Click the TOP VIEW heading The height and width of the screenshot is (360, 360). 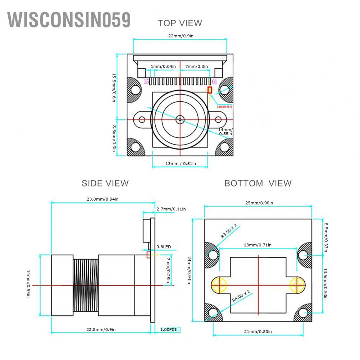[180, 23]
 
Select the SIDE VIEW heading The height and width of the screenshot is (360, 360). [105, 183]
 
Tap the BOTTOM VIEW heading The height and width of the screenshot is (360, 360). [258, 183]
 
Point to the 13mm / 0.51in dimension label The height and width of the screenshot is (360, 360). [181, 164]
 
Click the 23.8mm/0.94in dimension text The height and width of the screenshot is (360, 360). [103, 199]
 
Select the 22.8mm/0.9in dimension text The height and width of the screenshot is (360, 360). [101, 329]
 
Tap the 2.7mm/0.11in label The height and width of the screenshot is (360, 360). [171, 209]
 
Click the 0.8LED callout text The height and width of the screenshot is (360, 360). [164, 247]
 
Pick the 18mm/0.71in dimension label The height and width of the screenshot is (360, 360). [258, 245]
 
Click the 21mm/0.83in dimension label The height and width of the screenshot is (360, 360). [258, 331]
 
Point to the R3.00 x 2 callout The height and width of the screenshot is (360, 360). [229, 231]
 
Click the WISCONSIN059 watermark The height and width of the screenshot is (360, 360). [69, 20]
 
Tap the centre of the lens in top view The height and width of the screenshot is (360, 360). [179, 119]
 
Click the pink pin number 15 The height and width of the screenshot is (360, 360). [146, 82]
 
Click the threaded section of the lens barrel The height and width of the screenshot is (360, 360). [86, 286]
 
